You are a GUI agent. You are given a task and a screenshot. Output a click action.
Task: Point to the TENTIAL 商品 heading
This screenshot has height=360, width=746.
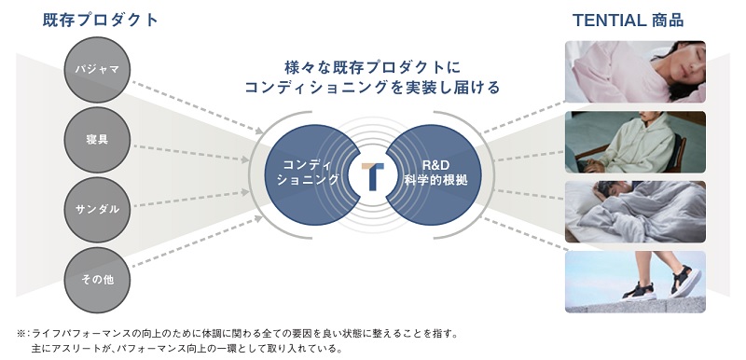pos(647,20)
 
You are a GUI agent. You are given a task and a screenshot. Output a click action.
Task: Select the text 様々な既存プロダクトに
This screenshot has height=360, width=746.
pos(373,68)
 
